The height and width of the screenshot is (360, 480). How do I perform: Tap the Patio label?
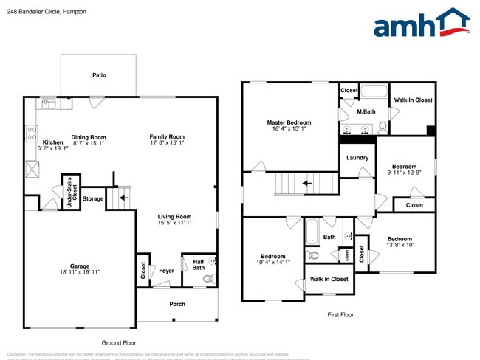[98, 75]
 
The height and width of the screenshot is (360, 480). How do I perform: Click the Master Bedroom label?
[289, 122]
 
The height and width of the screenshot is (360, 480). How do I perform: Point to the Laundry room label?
[357, 158]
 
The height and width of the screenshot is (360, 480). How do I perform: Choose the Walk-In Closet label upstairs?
[413, 100]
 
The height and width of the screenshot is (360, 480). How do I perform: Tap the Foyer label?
[167, 271]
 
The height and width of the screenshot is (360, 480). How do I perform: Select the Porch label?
[177, 304]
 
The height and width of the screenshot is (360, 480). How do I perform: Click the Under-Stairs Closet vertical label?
[70, 193]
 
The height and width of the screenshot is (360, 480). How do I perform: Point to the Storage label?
[93, 198]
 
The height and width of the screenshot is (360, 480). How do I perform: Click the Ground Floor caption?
[119, 343]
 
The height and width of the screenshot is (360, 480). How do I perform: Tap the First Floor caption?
[340, 315]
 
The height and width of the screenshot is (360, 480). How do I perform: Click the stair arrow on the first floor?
[306, 182]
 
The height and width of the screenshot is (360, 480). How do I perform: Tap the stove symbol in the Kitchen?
[32, 134]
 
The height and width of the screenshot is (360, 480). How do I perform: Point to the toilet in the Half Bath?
[208, 279]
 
